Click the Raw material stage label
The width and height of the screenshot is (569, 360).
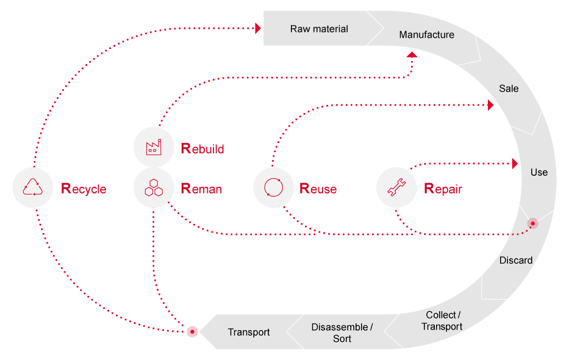pos(319,29)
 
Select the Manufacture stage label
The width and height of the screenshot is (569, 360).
pos(426,35)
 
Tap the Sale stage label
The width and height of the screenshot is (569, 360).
pos(509,88)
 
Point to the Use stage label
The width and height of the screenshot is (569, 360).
pos(539,172)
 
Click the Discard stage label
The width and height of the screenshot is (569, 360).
pos(516,261)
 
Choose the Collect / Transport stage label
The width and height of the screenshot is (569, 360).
pos(442,320)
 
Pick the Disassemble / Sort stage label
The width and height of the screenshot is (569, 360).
pos(342,333)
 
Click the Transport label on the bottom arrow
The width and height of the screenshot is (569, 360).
pos(249,333)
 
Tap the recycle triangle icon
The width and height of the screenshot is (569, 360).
pos(33,187)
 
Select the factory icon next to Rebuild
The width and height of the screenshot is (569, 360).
pos(154,147)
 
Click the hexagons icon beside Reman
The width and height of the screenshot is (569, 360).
pos(154,188)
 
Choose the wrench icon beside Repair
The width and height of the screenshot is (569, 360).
pos(397,188)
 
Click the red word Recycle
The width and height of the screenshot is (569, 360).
pos(84,189)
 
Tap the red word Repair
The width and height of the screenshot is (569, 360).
pos(443,189)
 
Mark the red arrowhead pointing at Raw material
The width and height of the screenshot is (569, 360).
pos(258,28)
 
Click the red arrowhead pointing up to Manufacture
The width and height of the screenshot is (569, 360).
pos(412,56)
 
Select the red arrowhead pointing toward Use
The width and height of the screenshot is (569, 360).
pos(515,164)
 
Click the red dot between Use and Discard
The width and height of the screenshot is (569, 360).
pos(532,224)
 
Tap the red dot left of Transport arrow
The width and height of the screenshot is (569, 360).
pos(192,332)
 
